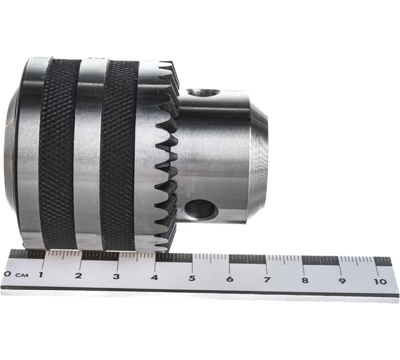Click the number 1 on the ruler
coord(41,275)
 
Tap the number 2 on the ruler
coord(79,276)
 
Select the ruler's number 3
coord(116,276)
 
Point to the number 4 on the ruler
coord(154,277)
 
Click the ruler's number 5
coord(192,278)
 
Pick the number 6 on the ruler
coord(230,279)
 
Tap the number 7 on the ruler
coord(267,279)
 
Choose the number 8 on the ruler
coord(305,281)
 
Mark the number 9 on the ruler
coord(342,281)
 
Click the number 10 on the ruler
coord(380,281)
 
